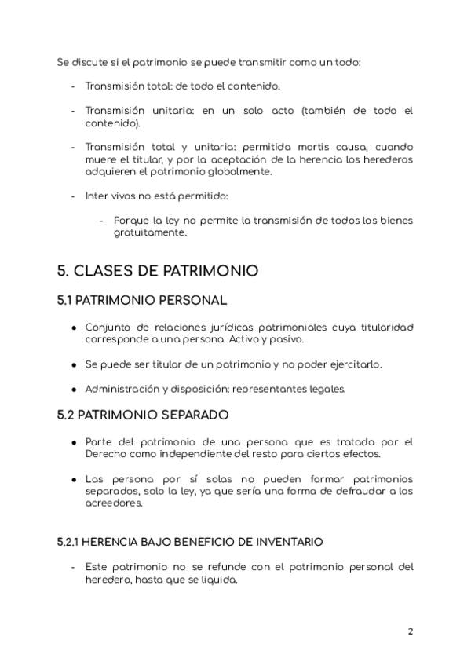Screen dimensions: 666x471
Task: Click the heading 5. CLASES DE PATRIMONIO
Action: click(157, 271)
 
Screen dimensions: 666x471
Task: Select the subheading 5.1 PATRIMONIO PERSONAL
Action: click(141, 300)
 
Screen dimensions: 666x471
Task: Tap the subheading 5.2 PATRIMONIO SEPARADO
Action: click(142, 413)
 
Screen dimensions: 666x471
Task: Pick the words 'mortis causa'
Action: click(297, 147)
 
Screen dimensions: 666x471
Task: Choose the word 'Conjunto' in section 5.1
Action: click(108, 327)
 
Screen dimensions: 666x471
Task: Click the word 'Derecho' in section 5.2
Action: click(104, 454)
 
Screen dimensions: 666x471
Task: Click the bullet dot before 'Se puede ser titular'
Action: click(73, 364)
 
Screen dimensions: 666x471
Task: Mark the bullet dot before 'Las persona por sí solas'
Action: click(73, 480)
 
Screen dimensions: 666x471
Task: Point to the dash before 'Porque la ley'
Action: click(101, 221)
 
